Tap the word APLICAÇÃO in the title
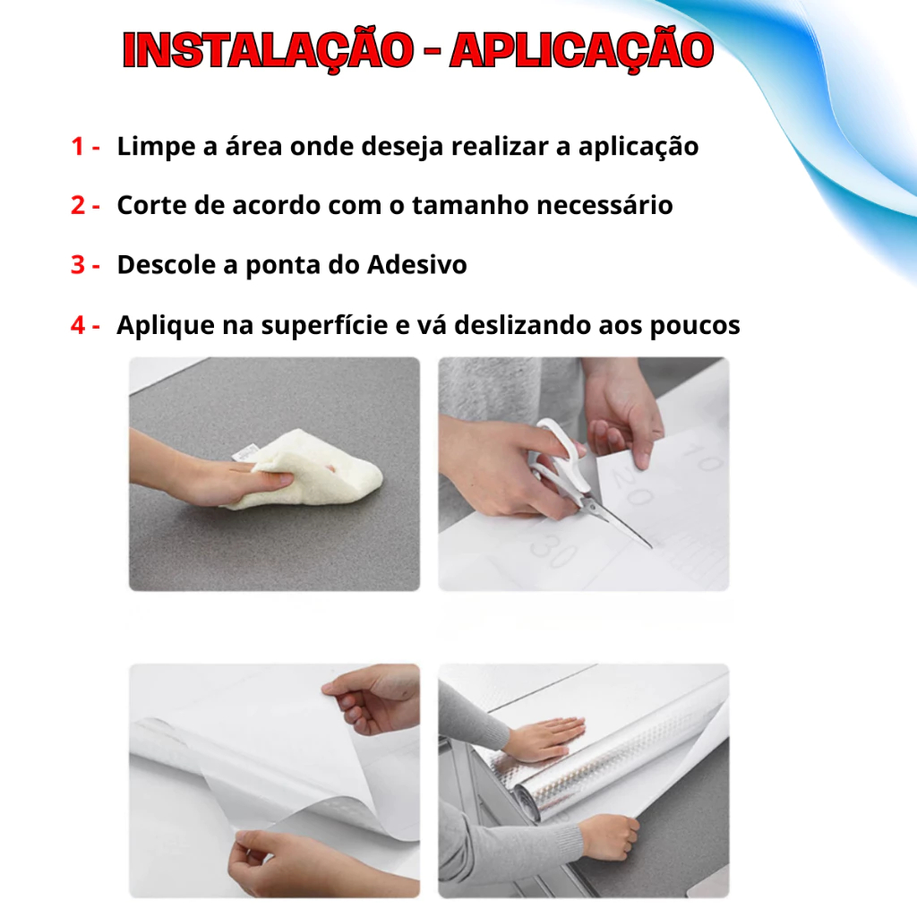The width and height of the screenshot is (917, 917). tap(582, 51)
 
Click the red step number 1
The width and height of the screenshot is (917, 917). tap(77, 146)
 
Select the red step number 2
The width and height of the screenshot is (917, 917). tap(78, 205)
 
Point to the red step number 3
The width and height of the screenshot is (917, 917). tap(78, 265)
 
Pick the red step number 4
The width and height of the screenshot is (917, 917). tap(78, 325)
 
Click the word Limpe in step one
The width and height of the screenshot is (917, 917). tap(156, 148)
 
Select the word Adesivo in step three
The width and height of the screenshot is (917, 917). tap(417, 264)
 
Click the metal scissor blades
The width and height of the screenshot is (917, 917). tap(617, 521)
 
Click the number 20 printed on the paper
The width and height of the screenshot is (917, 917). tap(631, 488)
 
